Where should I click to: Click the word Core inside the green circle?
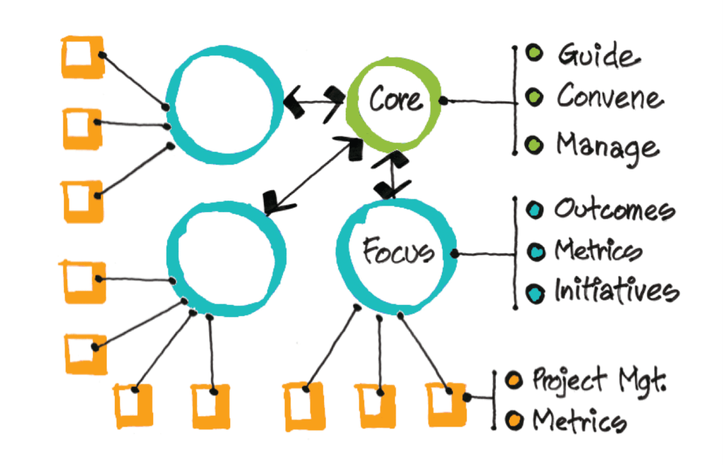[x=396, y=99]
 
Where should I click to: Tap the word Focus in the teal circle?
[x=398, y=250]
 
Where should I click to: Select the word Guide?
[x=599, y=55]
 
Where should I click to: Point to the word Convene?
[x=610, y=96]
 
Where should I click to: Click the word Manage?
[x=608, y=146]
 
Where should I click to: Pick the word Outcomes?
[x=615, y=209]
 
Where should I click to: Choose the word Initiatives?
[x=617, y=291]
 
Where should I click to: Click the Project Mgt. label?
[x=599, y=381]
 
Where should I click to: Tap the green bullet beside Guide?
[x=534, y=53]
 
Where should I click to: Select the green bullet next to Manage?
[x=534, y=145]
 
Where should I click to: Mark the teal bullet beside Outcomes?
[x=535, y=209]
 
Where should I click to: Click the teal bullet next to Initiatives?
[x=535, y=293]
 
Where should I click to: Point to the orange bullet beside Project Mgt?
[x=513, y=380]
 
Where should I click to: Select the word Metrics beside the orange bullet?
[x=579, y=420]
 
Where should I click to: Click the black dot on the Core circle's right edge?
[x=443, y=101]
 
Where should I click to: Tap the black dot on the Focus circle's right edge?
[x=455, y=254]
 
